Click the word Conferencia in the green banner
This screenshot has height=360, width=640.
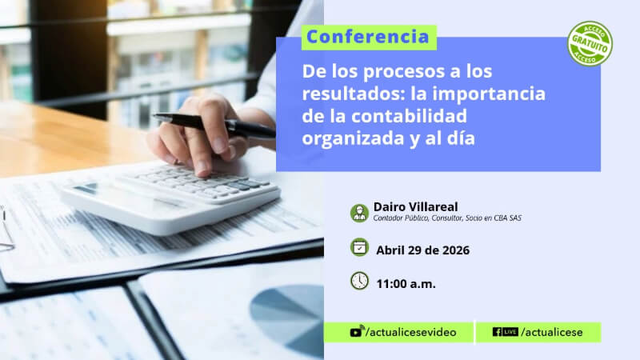pos(368,37)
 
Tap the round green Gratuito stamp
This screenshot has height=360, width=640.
pos(590,44)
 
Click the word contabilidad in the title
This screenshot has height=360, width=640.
pos(409,116)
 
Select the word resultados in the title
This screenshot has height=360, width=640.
pos(354,94)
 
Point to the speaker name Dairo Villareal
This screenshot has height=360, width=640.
pos(415,206)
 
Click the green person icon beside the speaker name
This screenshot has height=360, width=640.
pos(359,213)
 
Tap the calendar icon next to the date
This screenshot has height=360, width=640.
pos(359,247)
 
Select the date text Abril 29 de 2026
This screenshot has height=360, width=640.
pos(423,250)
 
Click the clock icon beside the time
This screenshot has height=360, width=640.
pos(359,281)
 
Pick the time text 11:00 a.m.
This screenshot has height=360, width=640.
pos(406,284)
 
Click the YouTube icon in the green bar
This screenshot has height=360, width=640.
pos(357,331)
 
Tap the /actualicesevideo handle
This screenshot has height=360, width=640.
pos(411,332)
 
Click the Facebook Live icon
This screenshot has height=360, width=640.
pos(506,332)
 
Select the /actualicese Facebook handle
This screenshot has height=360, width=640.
pos(552,332)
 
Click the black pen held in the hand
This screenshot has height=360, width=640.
pos(214,125)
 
